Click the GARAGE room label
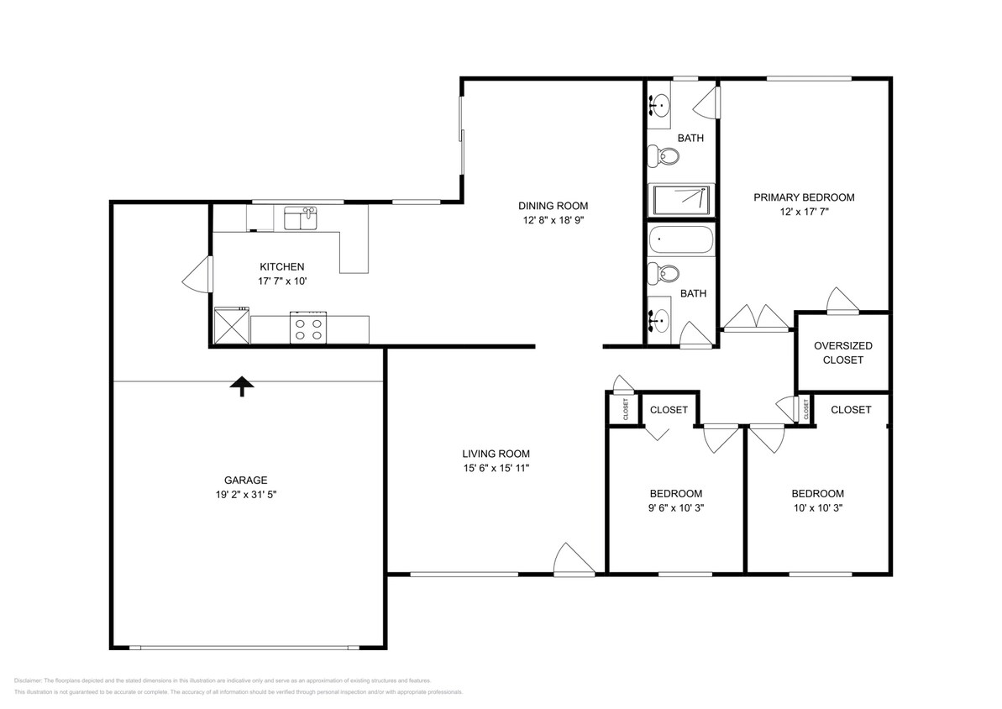point(245,481)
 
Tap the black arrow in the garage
point(242,386)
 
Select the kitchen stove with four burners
point(307,328)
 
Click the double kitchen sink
point(300,219)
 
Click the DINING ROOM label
point(553,206)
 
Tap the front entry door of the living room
point(573,559)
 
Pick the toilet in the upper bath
point(668,155)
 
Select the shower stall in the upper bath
point(681,200)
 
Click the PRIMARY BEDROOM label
point(803,197)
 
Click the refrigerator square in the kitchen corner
point(231,326)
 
